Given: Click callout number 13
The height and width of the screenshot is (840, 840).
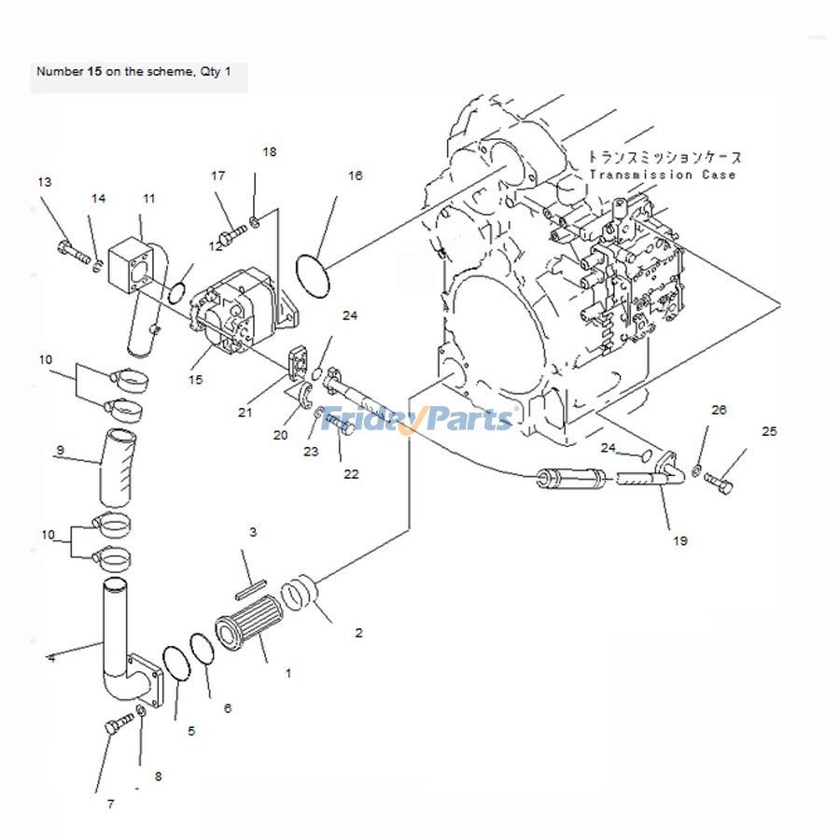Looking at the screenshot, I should [43, 182].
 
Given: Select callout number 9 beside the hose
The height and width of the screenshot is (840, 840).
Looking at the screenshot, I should [60, 451].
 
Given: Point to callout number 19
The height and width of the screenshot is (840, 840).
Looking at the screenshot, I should [680, 539].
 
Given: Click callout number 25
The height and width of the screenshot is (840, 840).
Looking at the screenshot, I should [769, 431].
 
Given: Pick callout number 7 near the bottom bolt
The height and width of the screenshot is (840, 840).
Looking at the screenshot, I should [110, 804].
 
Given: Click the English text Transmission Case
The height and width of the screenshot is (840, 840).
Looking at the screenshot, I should [663, 175].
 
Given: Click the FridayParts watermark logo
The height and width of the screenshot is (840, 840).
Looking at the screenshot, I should [417, 420].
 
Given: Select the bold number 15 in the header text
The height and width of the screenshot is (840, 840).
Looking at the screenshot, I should [94, 71].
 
